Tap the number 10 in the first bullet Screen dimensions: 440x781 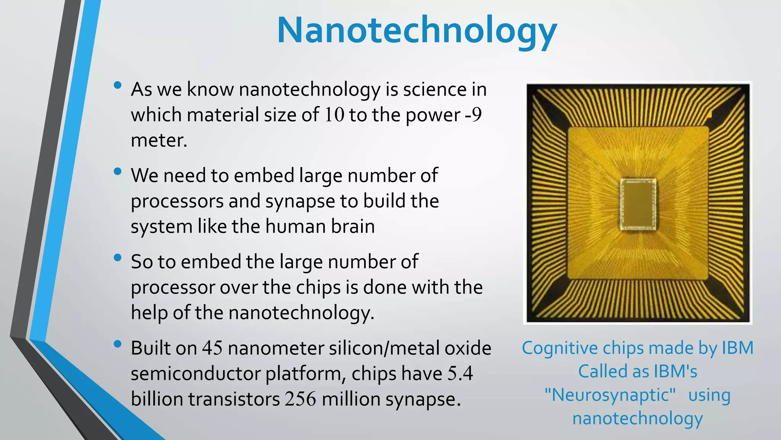pyautogui.click(x=334, y=115)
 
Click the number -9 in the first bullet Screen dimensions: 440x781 pyautogui.click(x=474, y=115)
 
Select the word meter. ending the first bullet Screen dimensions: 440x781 pyautogui.click(x=159, y=141)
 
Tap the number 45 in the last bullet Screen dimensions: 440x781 pyautogui.click(x=212, y=348)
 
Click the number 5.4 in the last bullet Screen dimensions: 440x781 pyautogui.click(x=460, y=374)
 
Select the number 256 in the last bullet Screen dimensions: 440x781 pyautogui.click(x=301, y=399)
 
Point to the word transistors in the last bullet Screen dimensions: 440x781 pyautogui.click(x=234, y=399)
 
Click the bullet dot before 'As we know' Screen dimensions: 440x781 pyautogui.click(x=117, y=85)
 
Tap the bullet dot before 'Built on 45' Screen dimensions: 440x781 pyautogui.click(x=117, y=344)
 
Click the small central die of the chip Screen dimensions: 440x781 pyautogui.click(x=637, y=204)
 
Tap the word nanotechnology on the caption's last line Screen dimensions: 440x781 pyautogui.click(x=637, y=418)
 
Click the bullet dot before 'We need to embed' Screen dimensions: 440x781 pyautogui.click(x=117, y=171)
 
